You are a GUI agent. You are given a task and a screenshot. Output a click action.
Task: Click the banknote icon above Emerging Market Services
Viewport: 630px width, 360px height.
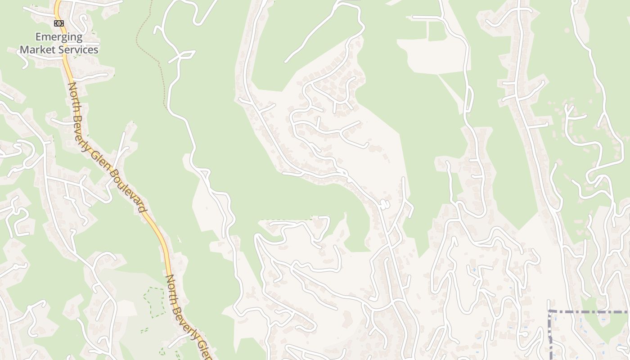(59, 23)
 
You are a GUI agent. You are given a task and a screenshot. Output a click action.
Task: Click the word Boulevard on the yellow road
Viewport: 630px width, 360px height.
(128, 191)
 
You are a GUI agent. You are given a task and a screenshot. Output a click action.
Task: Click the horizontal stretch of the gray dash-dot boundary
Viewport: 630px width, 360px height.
(589, 311)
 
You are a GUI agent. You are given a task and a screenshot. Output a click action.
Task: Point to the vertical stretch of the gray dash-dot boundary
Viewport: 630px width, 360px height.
(550, 335)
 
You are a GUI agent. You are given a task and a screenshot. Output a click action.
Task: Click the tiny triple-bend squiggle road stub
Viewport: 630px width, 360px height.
(384, 205)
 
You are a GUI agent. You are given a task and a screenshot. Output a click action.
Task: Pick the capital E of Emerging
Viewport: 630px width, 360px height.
(38, 37)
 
